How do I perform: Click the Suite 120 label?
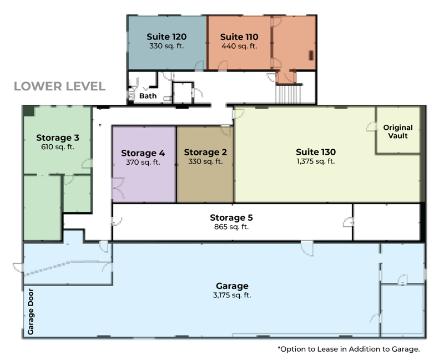[167, 37]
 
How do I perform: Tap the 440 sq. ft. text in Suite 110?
[239, 46]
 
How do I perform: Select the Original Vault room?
[398, 130]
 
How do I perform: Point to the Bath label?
[148, 96]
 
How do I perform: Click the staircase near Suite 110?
[288, 94]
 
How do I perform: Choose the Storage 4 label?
[143, 153]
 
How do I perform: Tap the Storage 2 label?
[205, 152]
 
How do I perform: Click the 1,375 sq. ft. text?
[316, 161]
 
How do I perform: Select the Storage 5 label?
[231, 217]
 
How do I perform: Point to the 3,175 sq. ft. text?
[232, 295]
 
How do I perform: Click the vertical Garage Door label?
[31, 312]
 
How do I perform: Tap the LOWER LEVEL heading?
[60, 87]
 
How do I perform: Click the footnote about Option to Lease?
[349, 349]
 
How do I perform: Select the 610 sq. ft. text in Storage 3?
[58, 147]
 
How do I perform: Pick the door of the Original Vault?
[371, 127]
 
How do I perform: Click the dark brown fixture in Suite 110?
[311, 55]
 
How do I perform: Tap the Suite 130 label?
[316, 152]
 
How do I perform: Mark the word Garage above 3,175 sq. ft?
[232, 286]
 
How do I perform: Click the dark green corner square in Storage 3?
[29, 111]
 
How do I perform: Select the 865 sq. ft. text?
[231, 227]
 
